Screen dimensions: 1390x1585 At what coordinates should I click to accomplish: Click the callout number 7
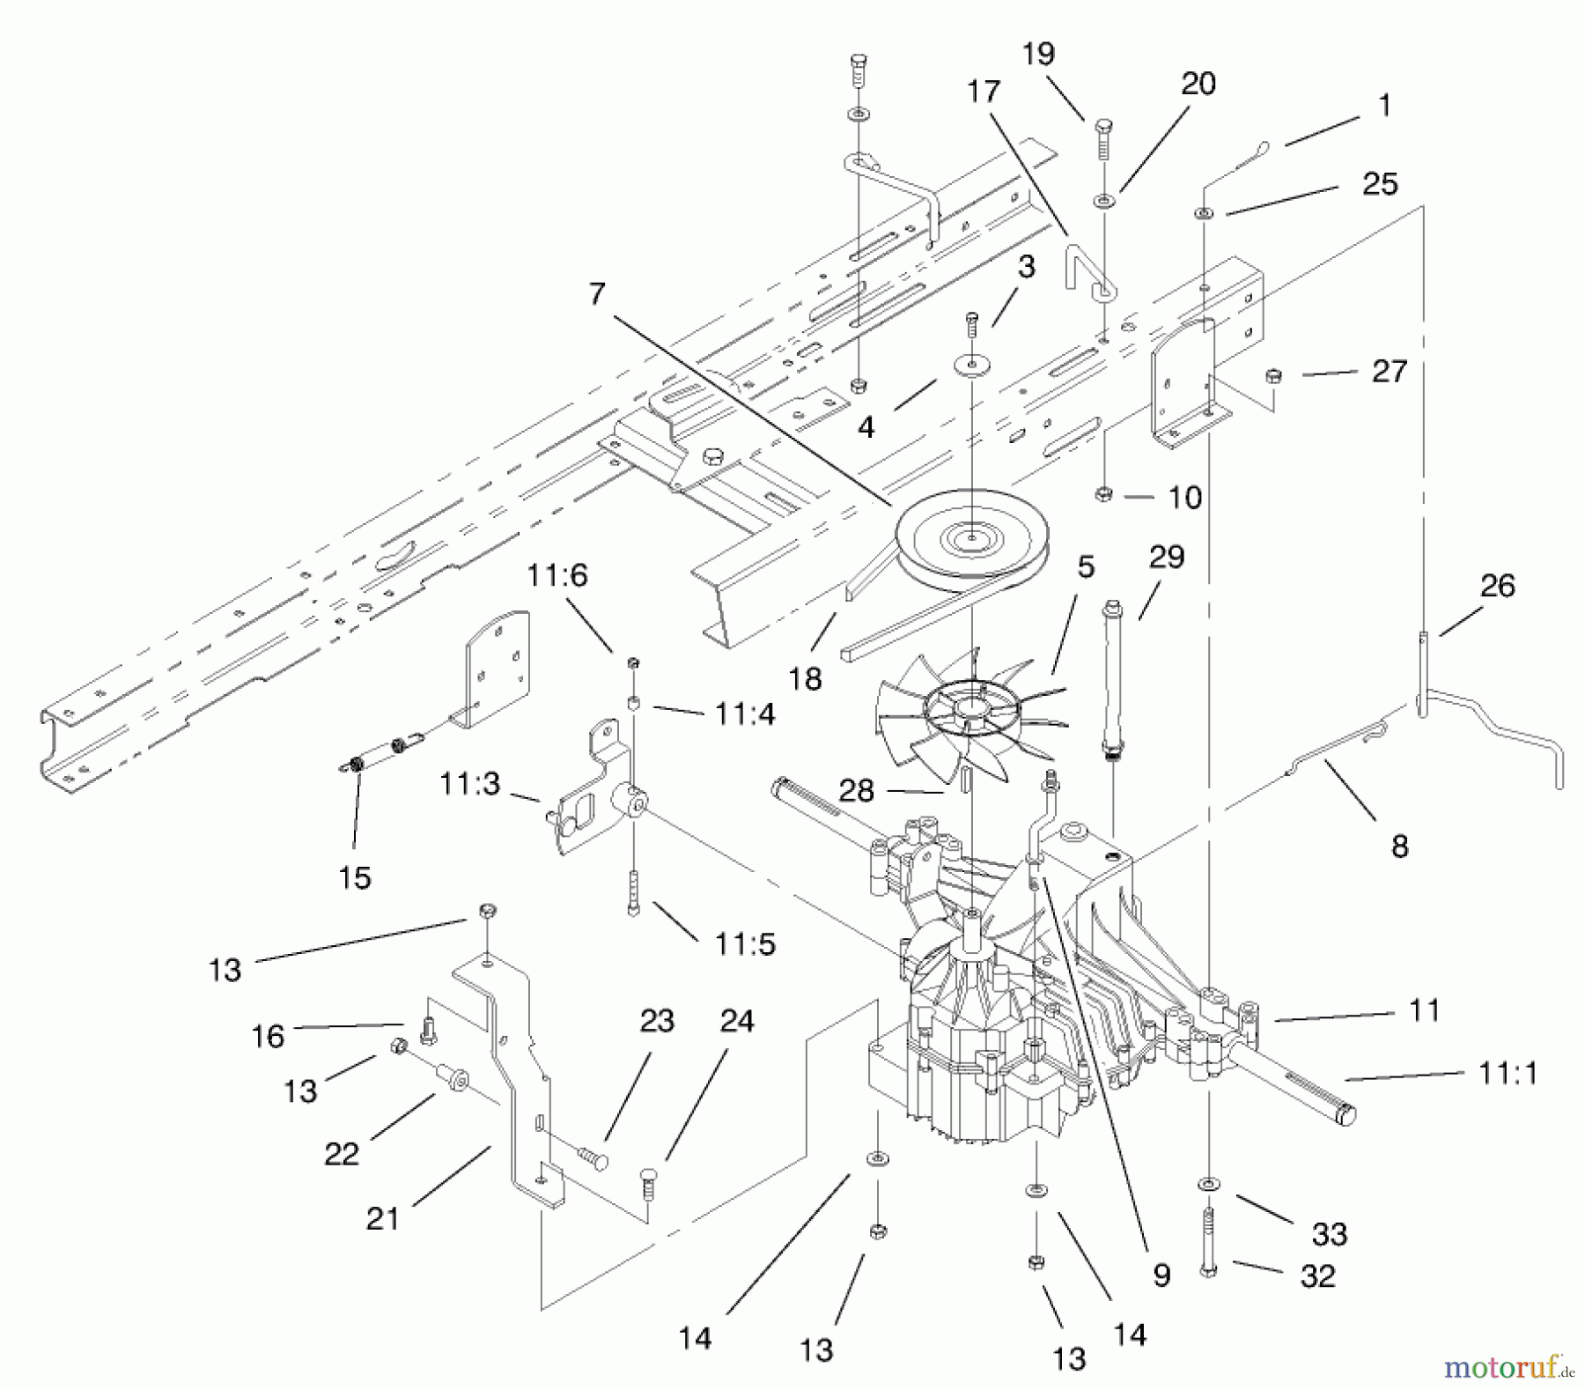[598, 293]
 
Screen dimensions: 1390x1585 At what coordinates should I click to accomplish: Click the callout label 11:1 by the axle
[1508, 1073]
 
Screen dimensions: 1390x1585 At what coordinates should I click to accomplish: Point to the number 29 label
[1166, 557]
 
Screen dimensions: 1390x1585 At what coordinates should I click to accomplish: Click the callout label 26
[1497, 586]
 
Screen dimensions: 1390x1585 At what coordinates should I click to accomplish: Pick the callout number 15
[355, 877]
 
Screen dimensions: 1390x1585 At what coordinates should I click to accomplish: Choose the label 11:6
[557, 576]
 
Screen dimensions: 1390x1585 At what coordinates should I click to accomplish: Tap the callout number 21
[382, 1218]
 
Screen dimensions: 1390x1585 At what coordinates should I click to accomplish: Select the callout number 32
[1316, 1275]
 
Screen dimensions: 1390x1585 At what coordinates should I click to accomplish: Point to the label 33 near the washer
[1329, 1234]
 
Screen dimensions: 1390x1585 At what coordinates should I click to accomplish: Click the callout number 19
[1038, 54]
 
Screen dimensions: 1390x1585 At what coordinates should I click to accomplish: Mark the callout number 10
[1184, 498]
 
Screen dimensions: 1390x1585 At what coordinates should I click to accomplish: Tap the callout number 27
[1389, 371]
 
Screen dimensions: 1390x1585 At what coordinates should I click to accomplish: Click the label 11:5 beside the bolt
[745, 944]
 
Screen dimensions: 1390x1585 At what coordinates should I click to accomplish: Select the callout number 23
[657, 1021]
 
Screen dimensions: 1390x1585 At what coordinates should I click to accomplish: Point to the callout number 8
[1399, 846]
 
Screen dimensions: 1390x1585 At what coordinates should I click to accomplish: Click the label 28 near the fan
[856, 790]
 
